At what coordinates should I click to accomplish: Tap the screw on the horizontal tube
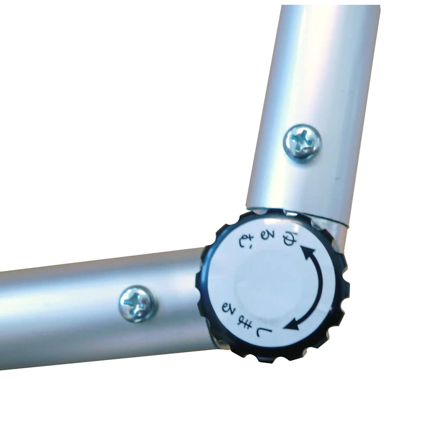(x=138, y=304)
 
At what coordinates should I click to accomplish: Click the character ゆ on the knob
(x=287, y=239)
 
